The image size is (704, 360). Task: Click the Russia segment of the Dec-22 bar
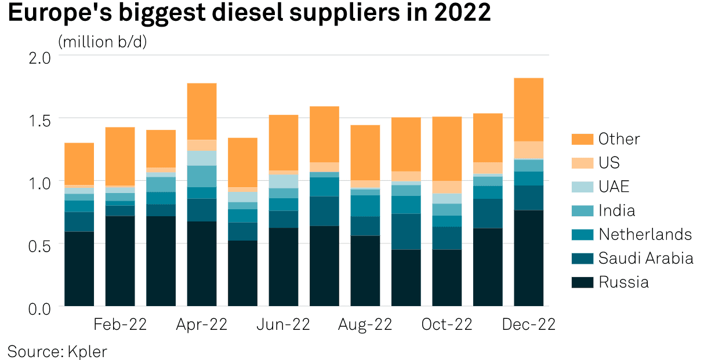(x=528, y=258)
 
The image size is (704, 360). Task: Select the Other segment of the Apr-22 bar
(x=202, y=111)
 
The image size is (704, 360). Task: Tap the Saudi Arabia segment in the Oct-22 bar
(x=447, y=238)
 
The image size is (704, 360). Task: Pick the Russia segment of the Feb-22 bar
(x=120, y=261)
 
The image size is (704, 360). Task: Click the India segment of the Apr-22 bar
(x=202, y=176)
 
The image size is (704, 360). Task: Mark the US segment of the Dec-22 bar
(x=528, y=150)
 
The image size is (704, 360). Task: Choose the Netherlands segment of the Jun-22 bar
(x=284, y=204)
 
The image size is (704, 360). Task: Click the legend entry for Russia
(x=623, y=282)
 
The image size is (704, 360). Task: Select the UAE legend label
(x=614, y=187)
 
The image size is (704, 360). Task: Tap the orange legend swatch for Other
(x=582, y=139)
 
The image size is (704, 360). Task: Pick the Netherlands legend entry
(x=645, y=234)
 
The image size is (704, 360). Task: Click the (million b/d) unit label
(x=103, y=42)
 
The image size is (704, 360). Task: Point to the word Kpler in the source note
(x=88, y=351)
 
